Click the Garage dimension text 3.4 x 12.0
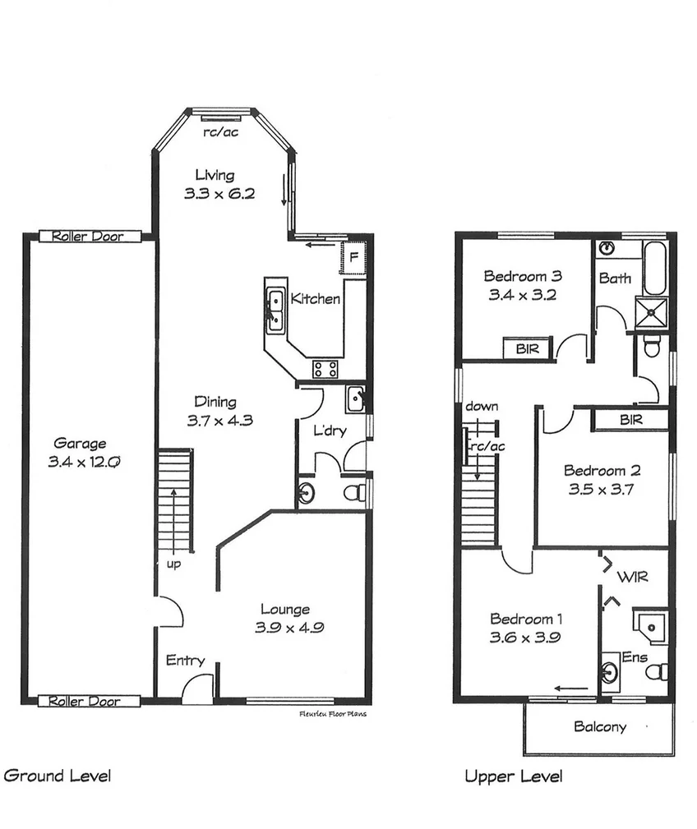point(85,463)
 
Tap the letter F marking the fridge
point(353,256)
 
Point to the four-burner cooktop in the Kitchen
point(325,369)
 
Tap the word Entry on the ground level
point(185,661)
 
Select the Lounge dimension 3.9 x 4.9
point(285,628)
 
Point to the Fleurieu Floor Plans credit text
point(333,715)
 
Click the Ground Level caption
point(57,775)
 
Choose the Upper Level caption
point(514,776)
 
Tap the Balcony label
point(599,726)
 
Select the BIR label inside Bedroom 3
point(527,348)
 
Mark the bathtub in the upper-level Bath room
point(655,269)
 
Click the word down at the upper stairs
point(481,407)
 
